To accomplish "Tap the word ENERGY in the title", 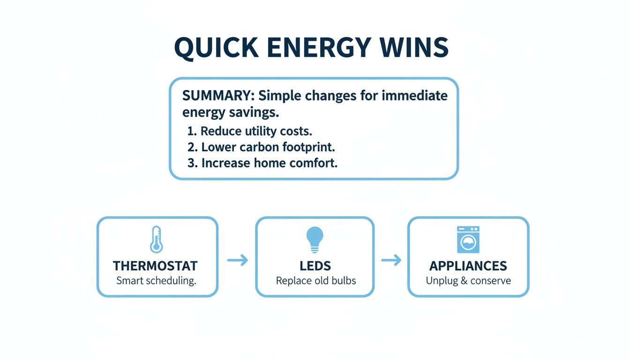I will [x=322, y=48].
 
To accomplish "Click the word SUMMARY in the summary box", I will [x=216, y=96].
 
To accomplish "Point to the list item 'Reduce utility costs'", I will [x=256, y=130].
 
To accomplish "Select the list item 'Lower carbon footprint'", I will [x=268, y=147].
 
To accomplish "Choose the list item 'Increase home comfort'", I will [x=269, y=163].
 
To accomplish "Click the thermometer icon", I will [x=156, y=240].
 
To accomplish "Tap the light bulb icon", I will [x=315, y=240].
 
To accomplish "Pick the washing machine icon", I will [x=468, y=240].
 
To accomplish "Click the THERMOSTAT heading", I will [x=155, y=266].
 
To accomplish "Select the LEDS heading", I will [x=315, y=266].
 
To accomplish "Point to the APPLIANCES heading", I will [x=468, y=266].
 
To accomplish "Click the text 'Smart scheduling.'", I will [x=156, y=281].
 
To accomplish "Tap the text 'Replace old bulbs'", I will [x=315, y=281].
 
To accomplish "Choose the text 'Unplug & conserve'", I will [x=468, y=281].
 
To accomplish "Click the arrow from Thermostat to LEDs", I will [x=238, y=260].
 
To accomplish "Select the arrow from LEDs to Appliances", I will [x=391, y=260].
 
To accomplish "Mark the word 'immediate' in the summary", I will [x=414, y=96].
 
